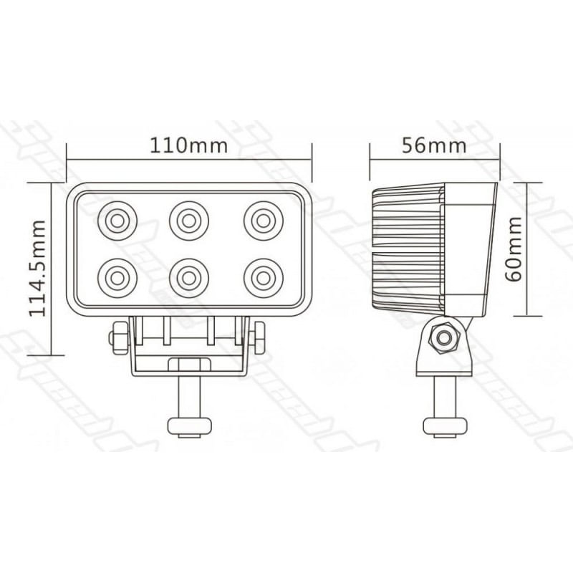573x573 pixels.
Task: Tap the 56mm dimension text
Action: (x=434, y=146)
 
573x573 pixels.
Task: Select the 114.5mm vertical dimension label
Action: (x=38, y=268)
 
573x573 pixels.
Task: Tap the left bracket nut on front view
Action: (x=118, y=335)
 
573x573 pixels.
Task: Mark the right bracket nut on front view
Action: (x=258, y=335)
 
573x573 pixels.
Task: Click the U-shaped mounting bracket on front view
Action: (x=188, y=362)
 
